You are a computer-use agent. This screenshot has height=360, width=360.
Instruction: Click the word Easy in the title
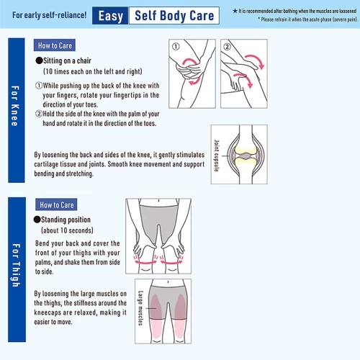(111, 16)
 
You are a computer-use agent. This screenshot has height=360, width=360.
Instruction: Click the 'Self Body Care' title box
(174, 16)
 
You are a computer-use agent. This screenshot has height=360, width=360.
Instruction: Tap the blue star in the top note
(235, 11)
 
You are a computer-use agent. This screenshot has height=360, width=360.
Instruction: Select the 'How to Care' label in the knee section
(55, 45)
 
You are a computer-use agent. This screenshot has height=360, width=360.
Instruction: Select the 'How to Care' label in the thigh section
(56, 204)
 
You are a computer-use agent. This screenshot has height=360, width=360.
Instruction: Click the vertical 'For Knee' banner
(17, 110)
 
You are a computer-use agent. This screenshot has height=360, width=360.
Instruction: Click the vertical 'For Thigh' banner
(17, 269)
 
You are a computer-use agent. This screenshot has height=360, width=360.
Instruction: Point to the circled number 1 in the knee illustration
(176, 46)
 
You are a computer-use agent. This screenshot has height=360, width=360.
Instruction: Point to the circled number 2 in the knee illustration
(227, 46)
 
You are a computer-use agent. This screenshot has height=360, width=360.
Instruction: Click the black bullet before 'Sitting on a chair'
(39, 60)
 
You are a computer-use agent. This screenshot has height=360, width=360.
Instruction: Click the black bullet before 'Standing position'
(37, 220)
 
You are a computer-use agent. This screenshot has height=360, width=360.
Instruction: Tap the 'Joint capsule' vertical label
(217, 156)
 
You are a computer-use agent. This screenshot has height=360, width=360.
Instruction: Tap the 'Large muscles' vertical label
(140, 308)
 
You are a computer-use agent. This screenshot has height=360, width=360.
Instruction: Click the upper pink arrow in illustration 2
(256, 59)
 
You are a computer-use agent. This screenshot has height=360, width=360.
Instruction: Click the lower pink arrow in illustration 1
(196, 81)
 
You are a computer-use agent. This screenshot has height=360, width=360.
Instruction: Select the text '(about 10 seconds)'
(67, 230)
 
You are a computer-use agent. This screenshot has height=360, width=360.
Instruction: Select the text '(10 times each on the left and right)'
(93, 71)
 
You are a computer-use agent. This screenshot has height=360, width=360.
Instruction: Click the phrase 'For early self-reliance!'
(50, 15)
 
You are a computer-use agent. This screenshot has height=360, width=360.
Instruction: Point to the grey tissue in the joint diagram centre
(245, 156)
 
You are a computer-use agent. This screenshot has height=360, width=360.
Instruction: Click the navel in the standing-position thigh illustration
(158, 200)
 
